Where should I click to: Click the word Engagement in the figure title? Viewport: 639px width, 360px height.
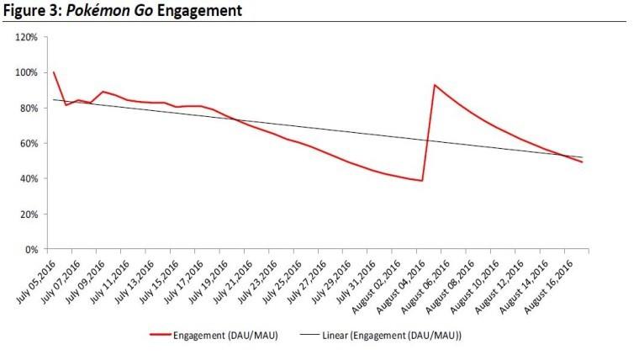[198, 12]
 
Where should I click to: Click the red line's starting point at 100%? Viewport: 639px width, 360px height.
[54, 72]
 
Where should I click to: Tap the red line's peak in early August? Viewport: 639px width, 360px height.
[434, 85]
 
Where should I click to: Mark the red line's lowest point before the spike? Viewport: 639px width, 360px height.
[421, 181]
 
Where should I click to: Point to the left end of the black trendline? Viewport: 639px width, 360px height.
[54, 100]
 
